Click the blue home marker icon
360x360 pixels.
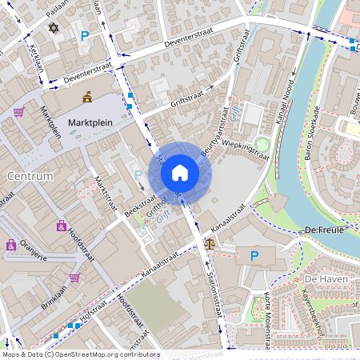(x=180, y=173)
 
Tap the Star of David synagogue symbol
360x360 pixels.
(x=54, y=29)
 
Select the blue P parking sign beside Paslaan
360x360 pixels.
(x=85, y=35)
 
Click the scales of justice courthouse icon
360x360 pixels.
(x=210, y=242)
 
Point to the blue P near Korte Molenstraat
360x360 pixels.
(x=255, y=256)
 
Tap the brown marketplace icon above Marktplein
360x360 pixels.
(x=87, y=98)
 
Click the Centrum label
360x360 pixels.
(x=28, y=175)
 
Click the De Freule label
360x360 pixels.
(x=324, y=230)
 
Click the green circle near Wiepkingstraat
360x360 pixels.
(x=262, y=144)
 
